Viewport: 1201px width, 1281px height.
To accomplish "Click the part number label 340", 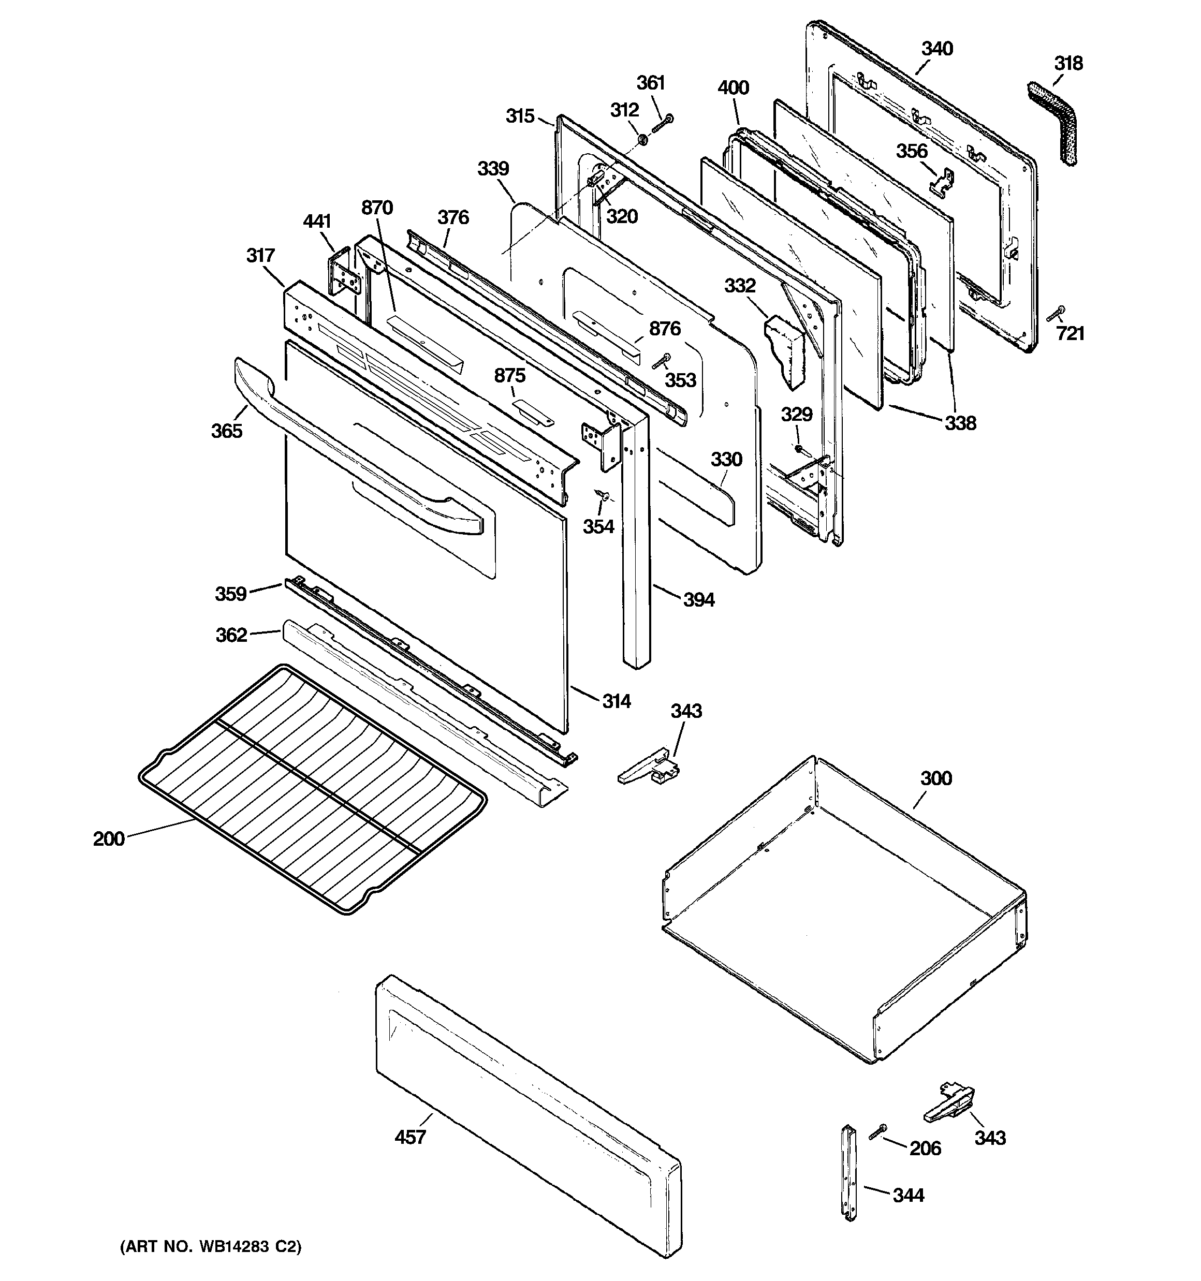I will (936, 49).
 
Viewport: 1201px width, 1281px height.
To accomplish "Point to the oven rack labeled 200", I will (313, 789).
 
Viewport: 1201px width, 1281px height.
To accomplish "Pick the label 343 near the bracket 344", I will (990, 1137).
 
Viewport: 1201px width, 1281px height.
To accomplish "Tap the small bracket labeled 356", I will (942, 182).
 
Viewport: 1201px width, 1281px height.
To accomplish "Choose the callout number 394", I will (698, 600).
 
